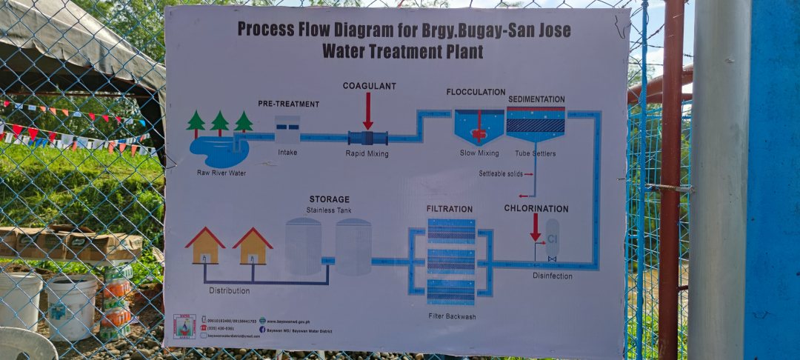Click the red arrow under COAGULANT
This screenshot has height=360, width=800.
coord(367,111)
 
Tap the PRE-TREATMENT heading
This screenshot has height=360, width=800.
coord(288,104)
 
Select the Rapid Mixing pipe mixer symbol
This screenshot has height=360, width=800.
coord(367,138)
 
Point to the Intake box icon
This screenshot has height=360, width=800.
coord(287,129)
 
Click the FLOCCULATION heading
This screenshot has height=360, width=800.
coord(476,92)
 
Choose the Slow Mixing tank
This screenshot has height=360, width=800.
coord(479,127)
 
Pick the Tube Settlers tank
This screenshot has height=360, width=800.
coord(536,124)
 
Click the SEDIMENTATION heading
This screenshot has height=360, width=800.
coord(536,99)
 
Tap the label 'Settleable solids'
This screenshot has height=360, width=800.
coord(500,173)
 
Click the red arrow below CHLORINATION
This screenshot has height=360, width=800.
coord(535,227)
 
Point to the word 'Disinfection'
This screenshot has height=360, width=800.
coord(552,276)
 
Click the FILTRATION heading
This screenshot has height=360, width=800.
coord(449,209)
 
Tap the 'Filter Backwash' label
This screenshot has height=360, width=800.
coord(451,316)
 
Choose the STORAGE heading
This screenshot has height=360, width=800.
coord(329,199)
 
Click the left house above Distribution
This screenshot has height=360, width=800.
coord(205,247)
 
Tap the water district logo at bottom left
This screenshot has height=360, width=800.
coord(184,327)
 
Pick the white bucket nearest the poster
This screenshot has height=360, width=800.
coord(72,306)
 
